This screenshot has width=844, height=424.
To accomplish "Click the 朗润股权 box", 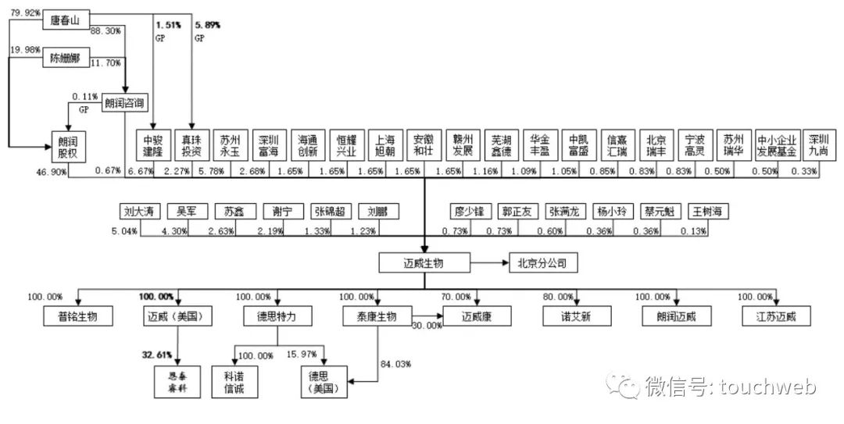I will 69,144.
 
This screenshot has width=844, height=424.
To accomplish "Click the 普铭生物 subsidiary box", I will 79,315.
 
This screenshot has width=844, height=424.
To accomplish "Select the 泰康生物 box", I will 370,315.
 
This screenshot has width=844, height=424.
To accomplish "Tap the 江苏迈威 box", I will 778,315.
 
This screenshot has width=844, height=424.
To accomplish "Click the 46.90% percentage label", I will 51,170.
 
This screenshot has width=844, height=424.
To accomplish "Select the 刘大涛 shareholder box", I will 141,211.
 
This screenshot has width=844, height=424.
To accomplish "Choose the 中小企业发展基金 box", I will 775,144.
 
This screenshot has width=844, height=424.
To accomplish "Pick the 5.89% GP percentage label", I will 207,25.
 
